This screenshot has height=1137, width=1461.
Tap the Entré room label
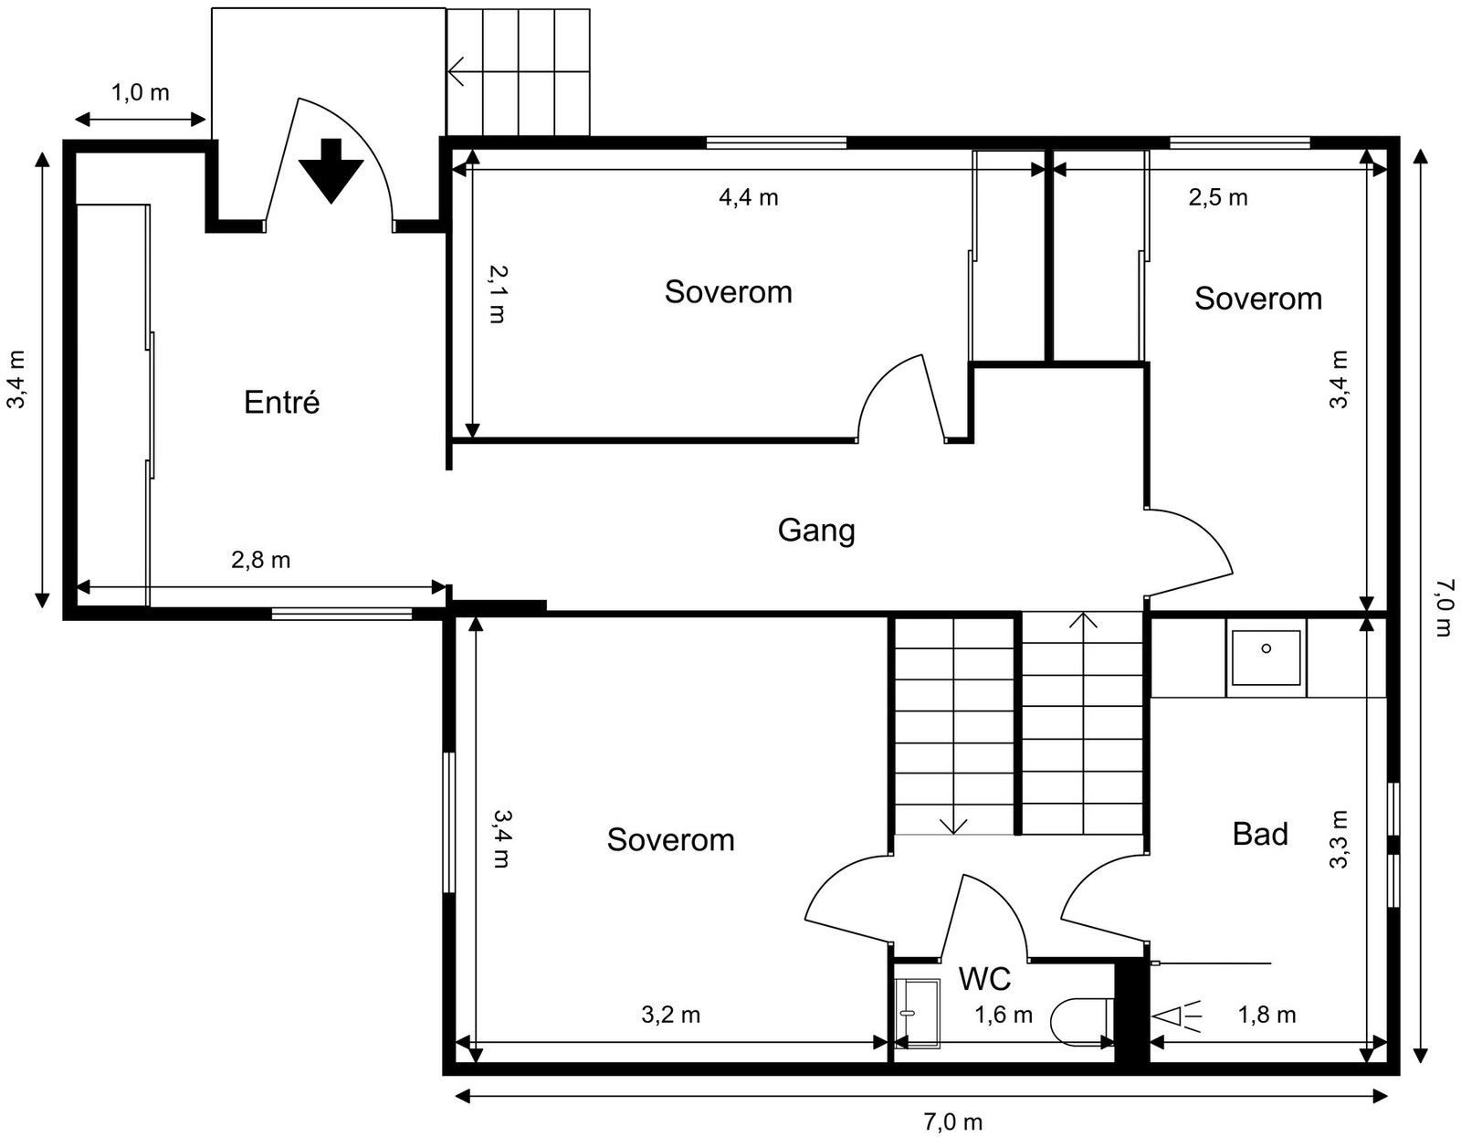(x=281, y=402)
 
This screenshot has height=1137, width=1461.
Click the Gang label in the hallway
(x=815, y=530)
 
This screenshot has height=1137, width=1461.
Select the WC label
(x=984, y=979)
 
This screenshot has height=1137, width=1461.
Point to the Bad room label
(x=1259, y=834)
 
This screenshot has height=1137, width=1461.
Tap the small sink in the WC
(x=916, y=1013)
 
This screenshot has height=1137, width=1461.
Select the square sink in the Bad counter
(x=1266, y=658)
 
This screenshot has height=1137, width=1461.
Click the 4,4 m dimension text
(x=748, y=197)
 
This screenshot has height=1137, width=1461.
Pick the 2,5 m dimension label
(x=1217, y=197)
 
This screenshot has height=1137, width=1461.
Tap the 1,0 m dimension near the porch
(x=140, y=92)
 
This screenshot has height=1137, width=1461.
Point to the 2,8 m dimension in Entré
(x=260, y=560)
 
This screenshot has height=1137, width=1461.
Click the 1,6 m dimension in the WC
(x=1003, y=1015)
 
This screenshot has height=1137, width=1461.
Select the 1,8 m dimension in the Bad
(x=1267, y=1015)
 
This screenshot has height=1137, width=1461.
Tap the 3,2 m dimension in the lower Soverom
(x=670, y=1015)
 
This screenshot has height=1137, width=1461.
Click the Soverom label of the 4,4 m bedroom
(x=728, y=292)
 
